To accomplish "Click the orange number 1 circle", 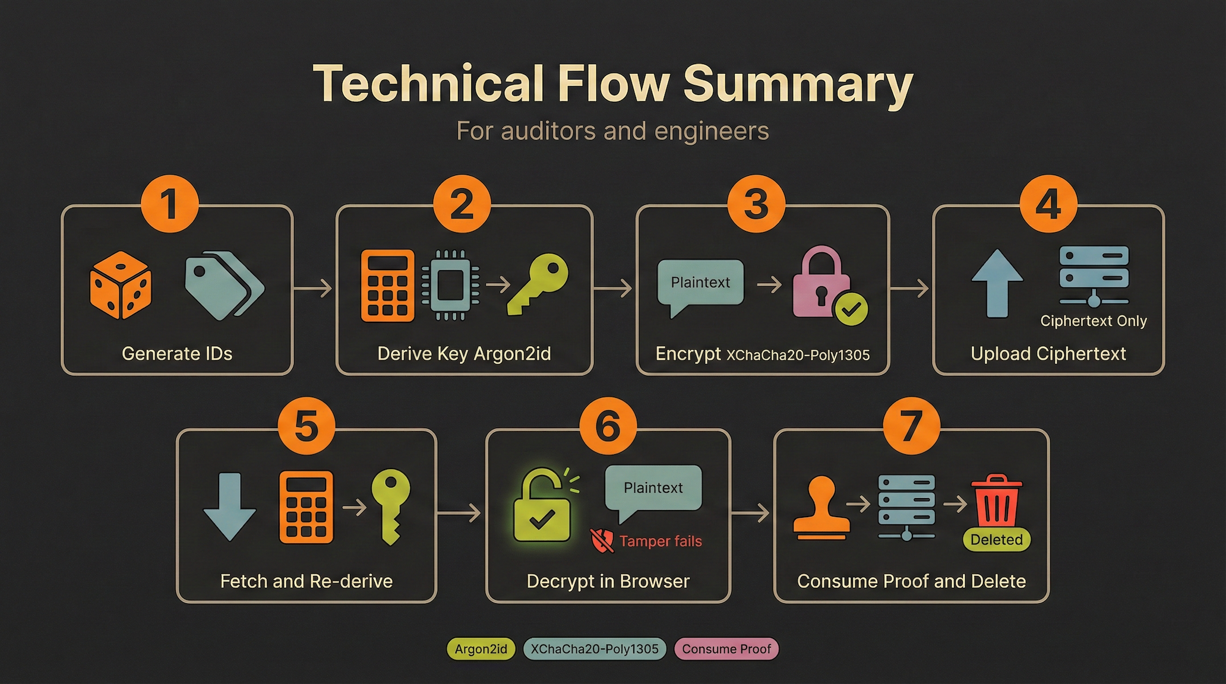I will [169, 204].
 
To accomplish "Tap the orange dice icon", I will [121, 285].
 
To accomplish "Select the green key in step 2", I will [538, 283].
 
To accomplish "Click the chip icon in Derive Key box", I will [450, 285].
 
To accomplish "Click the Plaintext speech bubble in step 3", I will [700, 284].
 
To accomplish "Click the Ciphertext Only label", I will [1093, 321].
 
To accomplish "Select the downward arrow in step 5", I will [229, 506].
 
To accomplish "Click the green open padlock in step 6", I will [542, 506].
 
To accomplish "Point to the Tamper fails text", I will [660, 541].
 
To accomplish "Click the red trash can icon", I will [996, 500].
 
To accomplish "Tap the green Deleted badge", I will [996, 540].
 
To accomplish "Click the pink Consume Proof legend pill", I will [726, 649].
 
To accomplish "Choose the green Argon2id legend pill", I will [481, 649].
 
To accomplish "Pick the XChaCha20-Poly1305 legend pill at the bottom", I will [595, 649].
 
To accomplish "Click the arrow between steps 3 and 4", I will [911, 289].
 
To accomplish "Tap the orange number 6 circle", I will [608, 426].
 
